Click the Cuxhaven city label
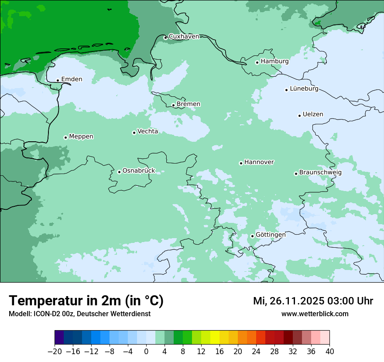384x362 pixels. pyautogui.click(x=184, y=37)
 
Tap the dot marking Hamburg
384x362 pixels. pyautogui.click(x=257, y=62)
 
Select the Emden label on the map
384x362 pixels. pyautogui.click(x=72, y=79)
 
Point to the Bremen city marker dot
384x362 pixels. pyautogui.click(x=173, y=105)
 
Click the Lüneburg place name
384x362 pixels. pyautogui.click(x=304, y=89)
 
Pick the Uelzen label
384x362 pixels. pyautogui.click(x=313, y=115)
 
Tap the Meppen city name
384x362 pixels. pyautogui.click(x=81, y=137)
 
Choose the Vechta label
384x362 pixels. pyautogui.click(x=147, y=131)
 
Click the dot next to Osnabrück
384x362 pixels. pyautogui.click(x=119, y=172)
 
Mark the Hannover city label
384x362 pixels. pyautogui.click(x=259, y=162)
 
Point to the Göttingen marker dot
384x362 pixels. pyautogui.click(x=252, y=236)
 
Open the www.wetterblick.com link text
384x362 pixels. pyautogui.click(x=315, y=314)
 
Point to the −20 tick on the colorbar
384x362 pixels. pyautogui.click(x=55, y=352)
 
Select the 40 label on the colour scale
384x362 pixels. pyautogui.click(x=329, y=352)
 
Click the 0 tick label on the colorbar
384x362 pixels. pyautogui.click(x=146, y=352)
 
